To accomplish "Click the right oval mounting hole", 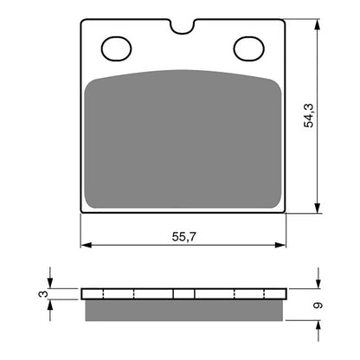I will (x=248, y=48).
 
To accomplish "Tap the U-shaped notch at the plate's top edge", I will (x=182, y=26).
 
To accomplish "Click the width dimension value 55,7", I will (x=183, y=235).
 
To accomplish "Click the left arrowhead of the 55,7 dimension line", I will (x=85, y=244).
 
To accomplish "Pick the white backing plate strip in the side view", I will (x=183, y=292).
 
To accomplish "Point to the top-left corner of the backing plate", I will (x=82, y=22).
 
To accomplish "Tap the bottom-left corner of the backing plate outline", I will (x=82, y=211).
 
